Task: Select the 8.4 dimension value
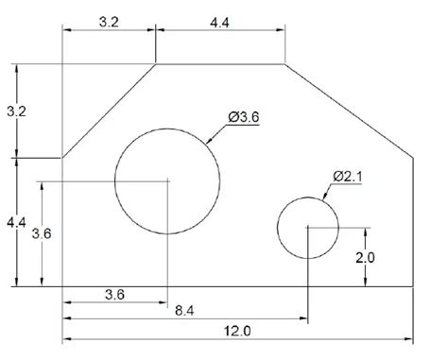point(185,309)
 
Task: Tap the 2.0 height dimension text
point(365,256)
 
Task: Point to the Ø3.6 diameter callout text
point(244,117)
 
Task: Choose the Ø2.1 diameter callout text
point(349,176)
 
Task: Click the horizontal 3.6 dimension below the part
point(113,295)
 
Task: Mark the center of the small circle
point(307,228)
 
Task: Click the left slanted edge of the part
point(109,111)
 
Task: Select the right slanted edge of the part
point(349,111)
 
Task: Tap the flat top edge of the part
point(220,64)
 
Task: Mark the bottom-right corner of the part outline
point(413,286)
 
